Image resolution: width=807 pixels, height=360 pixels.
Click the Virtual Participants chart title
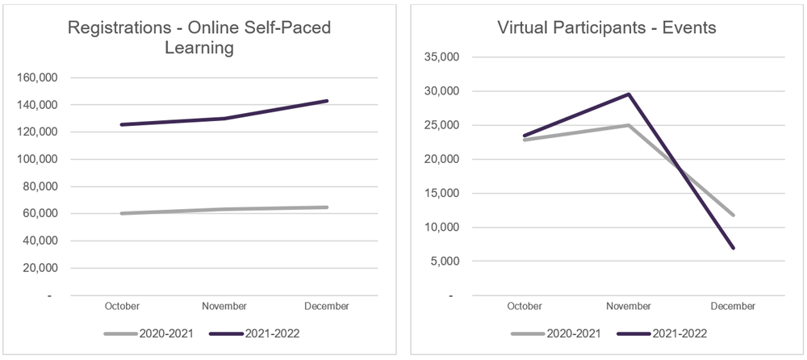(x=606, y=28)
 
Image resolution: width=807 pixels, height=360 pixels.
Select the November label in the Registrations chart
(x=224, y=306)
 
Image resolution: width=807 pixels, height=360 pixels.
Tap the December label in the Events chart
(x=733, y=306)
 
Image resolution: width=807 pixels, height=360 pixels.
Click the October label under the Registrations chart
(x=122, y=306)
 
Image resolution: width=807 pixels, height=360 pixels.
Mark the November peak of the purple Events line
(x=629, y=94)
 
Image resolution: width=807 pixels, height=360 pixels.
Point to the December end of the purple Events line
(x=733, y=248)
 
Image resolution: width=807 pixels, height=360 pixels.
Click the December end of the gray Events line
(x=733, y=215)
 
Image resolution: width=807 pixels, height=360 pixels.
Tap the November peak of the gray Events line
(x=629, y=125)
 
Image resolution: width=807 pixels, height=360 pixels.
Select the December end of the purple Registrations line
(x=327, y=101)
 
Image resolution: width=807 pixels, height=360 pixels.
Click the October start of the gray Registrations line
(x=122, y=213)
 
